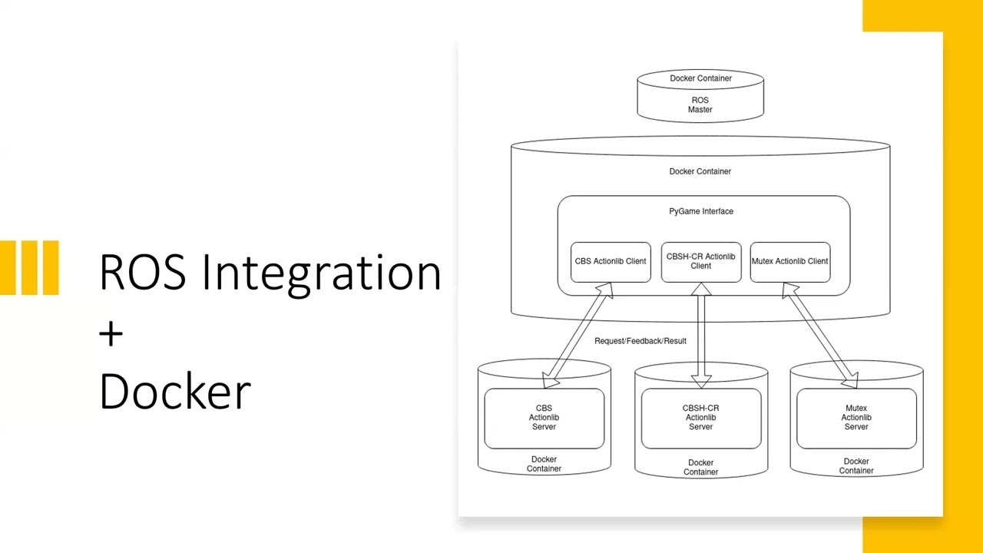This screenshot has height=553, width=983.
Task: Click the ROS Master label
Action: tap(700, 105)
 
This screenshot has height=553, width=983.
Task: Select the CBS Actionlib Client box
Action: tap(611, 262)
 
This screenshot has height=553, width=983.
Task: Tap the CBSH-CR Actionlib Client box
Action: tap(700, 262)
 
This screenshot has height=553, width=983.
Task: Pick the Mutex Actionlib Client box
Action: tap(789, 262)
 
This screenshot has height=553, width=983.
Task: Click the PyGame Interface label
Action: tap(701, 211)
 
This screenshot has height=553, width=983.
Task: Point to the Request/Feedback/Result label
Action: tap(640, 341)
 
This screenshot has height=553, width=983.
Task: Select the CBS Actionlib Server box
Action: tap(544, 418)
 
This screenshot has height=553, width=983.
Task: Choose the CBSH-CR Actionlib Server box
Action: tap(700, 418)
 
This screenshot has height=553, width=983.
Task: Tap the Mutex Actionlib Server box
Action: tap(856, 418)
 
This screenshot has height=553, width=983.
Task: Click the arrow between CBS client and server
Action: tap(578, 336)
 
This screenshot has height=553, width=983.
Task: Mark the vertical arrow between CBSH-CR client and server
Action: tap(700, 336)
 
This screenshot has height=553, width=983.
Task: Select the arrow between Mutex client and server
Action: tap(820, 336)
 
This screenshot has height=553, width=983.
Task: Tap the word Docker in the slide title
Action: tap(175, 391)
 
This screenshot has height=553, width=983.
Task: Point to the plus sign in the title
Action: tap(111, 333)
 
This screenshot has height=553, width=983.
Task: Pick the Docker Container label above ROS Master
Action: tap(700, 78)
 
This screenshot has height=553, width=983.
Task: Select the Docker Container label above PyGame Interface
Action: tap(700, 171)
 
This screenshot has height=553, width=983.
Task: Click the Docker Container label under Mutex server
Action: tap(856, 466)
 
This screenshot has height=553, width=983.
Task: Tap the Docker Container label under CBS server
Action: tap(544, 464)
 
